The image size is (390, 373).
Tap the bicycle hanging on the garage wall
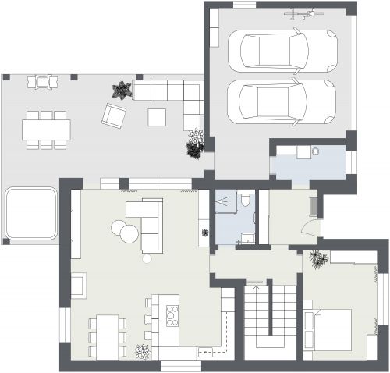[304, 12]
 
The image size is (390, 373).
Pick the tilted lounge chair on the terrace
[114, 116]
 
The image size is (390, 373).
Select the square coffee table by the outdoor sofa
[157, 117]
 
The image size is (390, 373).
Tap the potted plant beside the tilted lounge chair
[121, 91]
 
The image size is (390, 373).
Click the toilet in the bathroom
[246, 201]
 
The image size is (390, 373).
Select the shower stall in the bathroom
[225, 202]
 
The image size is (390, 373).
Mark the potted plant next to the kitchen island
[142, 353]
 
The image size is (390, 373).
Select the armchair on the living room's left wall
[79, 285]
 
